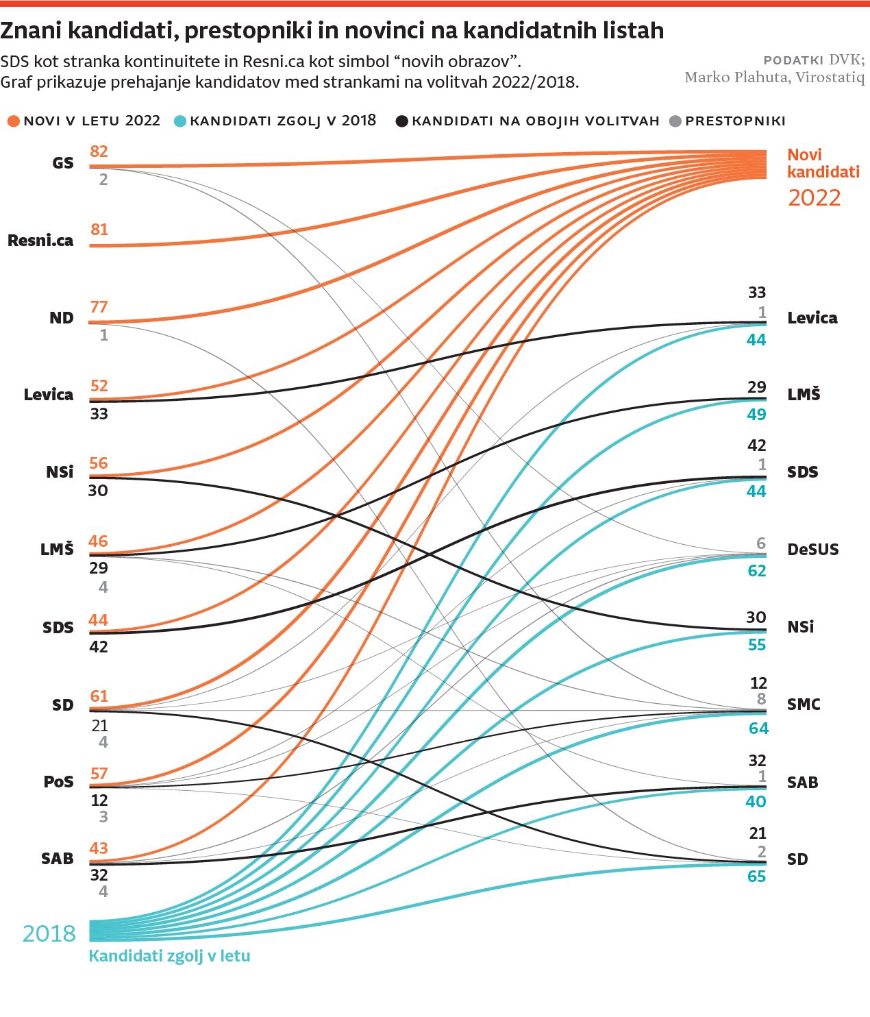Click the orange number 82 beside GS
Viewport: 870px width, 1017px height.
pyautogui.click(x=99, y=151)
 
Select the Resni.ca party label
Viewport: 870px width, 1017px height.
pyautogui.click(x=40, y=241)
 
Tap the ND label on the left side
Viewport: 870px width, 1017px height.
pyautogui.click(x=61, y=318)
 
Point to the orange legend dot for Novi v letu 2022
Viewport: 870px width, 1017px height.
pyautogui.click(x=13, y=121)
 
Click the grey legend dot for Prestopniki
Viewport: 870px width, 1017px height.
pyautogui.click(x=675, y=121)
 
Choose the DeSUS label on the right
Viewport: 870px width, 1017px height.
pyautogui.click(x=812, y=550)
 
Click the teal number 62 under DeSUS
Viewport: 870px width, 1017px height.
pyautogui.click(x=756, y=571)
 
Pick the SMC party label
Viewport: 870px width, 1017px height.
pyautogui.click(x=804, y=704)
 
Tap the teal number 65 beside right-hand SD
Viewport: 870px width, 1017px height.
pyautogui.click(x=756, y=877)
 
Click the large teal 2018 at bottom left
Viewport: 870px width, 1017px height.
pyautogui.click(x=49, y=933)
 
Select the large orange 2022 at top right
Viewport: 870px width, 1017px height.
pyautogui.click(x=814, y=198)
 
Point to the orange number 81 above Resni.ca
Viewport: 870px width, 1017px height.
pyautogui.click(x=99, y=230)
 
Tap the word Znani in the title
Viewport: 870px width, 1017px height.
pyautogui.click(x=30, y=31)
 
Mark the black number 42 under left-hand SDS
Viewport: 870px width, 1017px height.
pyautogui.click(x=99, y=647)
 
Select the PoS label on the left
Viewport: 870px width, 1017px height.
pyautogui.click(x=58, y=782)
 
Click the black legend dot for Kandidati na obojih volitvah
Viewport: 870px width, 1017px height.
pyautogui.click(x=402, y=121)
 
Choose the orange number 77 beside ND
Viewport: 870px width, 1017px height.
pyautogui.click(x=99, y=307)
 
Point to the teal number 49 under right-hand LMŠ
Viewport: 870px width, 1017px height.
pyautogui.click(x=756, y=415)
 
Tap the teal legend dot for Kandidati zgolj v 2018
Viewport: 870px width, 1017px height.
pyautogui.click(x=180, y=121)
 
